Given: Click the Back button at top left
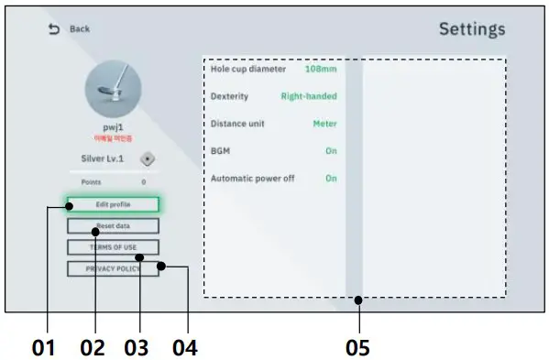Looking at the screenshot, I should tap(70, 29).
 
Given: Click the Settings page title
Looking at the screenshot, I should tap(471, 28).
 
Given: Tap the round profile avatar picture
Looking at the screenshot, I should tap(113, 88).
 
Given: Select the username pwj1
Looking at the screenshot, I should tap(113, 127).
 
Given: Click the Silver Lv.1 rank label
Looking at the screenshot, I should tap(102, 158).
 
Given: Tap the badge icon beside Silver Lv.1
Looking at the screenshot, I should tap(148, 158).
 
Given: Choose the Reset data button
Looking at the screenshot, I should tap(113, 225).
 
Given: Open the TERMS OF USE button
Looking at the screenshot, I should tap(113, 247).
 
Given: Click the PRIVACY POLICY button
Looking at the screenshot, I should tap(113, 268).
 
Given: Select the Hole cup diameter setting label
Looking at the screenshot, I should tap(247, 69).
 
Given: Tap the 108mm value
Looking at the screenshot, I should tap(321, 69).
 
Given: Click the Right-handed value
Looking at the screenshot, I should tap(309, 96).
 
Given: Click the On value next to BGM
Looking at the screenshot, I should tap(331, 150).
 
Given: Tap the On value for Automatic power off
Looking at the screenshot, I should tap(331, 178).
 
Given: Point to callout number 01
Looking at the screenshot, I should tap(43, 347).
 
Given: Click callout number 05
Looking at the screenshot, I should tap(358, 347).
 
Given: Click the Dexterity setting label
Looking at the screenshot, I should tap(229, 96).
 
